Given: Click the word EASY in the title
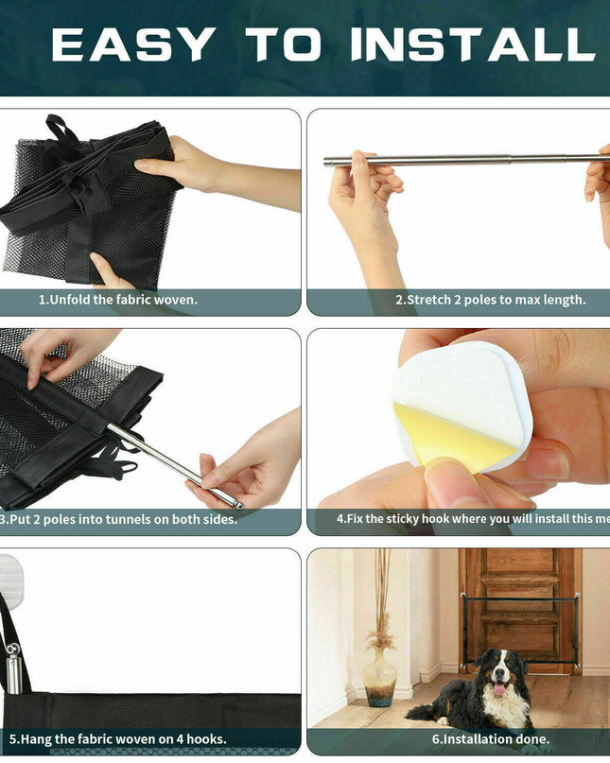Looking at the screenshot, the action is (133, 44).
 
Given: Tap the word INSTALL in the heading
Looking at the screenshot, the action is (473, 44).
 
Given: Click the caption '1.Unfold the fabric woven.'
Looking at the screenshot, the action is (118, 300).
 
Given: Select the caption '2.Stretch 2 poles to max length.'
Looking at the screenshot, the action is (491, 300).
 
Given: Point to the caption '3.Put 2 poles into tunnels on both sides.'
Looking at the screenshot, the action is (118, 519).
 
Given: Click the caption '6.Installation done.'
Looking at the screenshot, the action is (491, 739).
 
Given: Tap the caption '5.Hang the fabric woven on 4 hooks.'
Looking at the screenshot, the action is (118, 739).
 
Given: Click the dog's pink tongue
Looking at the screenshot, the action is (498, 688).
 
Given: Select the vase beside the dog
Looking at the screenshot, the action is (380, 676).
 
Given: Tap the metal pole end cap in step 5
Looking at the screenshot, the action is (13, 669).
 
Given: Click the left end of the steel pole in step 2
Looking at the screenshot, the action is (325, 161).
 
